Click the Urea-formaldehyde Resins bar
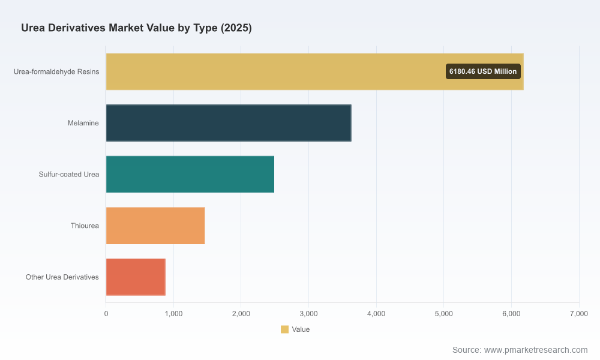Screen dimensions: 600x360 (x=314, y=71)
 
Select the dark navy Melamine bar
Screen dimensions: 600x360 (x=229, y=123)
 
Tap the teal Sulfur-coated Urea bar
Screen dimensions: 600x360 (x=190, y=174)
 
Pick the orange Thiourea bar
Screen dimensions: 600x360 (x=155, y=226)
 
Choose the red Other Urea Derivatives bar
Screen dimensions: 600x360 (x=136, y=277)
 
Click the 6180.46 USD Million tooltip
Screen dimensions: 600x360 (x=483, y=71)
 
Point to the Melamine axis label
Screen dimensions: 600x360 (x=83, y=123)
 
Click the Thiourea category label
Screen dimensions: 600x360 (x=85, y=226)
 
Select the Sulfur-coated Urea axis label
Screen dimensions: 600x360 (x=69, y=175)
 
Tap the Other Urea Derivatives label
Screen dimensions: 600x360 (x=62, y=277)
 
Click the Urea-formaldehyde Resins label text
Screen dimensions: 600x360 (x=56, y=72)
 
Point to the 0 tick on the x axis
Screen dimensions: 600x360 (x=106, y=314)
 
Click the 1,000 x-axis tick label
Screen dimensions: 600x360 (x=173, y=314)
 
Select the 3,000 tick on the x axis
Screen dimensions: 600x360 (x=309, y=314)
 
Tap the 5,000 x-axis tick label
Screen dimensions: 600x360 (x=444, y=314)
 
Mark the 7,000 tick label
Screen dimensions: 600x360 (x=579, y=314)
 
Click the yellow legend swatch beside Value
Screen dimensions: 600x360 (x=284, y=329)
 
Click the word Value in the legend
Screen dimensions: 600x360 (x=301, y=329)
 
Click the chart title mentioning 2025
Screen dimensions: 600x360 (x=136, y=28)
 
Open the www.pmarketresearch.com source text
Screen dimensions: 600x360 (x=536, y=350)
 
